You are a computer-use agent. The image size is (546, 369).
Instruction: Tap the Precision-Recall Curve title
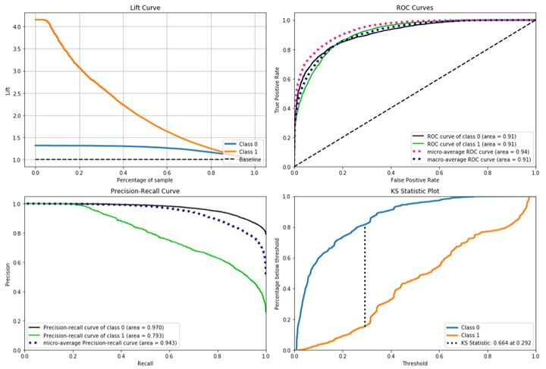[145, 190]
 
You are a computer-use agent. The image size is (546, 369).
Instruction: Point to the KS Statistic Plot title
[415, 190]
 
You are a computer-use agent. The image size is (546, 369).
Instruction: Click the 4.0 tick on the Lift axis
[18, 28]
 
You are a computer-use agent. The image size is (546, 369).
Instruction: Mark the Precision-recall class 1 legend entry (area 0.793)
[105, 334]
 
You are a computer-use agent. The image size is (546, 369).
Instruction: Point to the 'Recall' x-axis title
[145, 362]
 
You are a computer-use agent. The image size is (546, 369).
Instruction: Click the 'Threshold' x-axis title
[414, 362]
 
